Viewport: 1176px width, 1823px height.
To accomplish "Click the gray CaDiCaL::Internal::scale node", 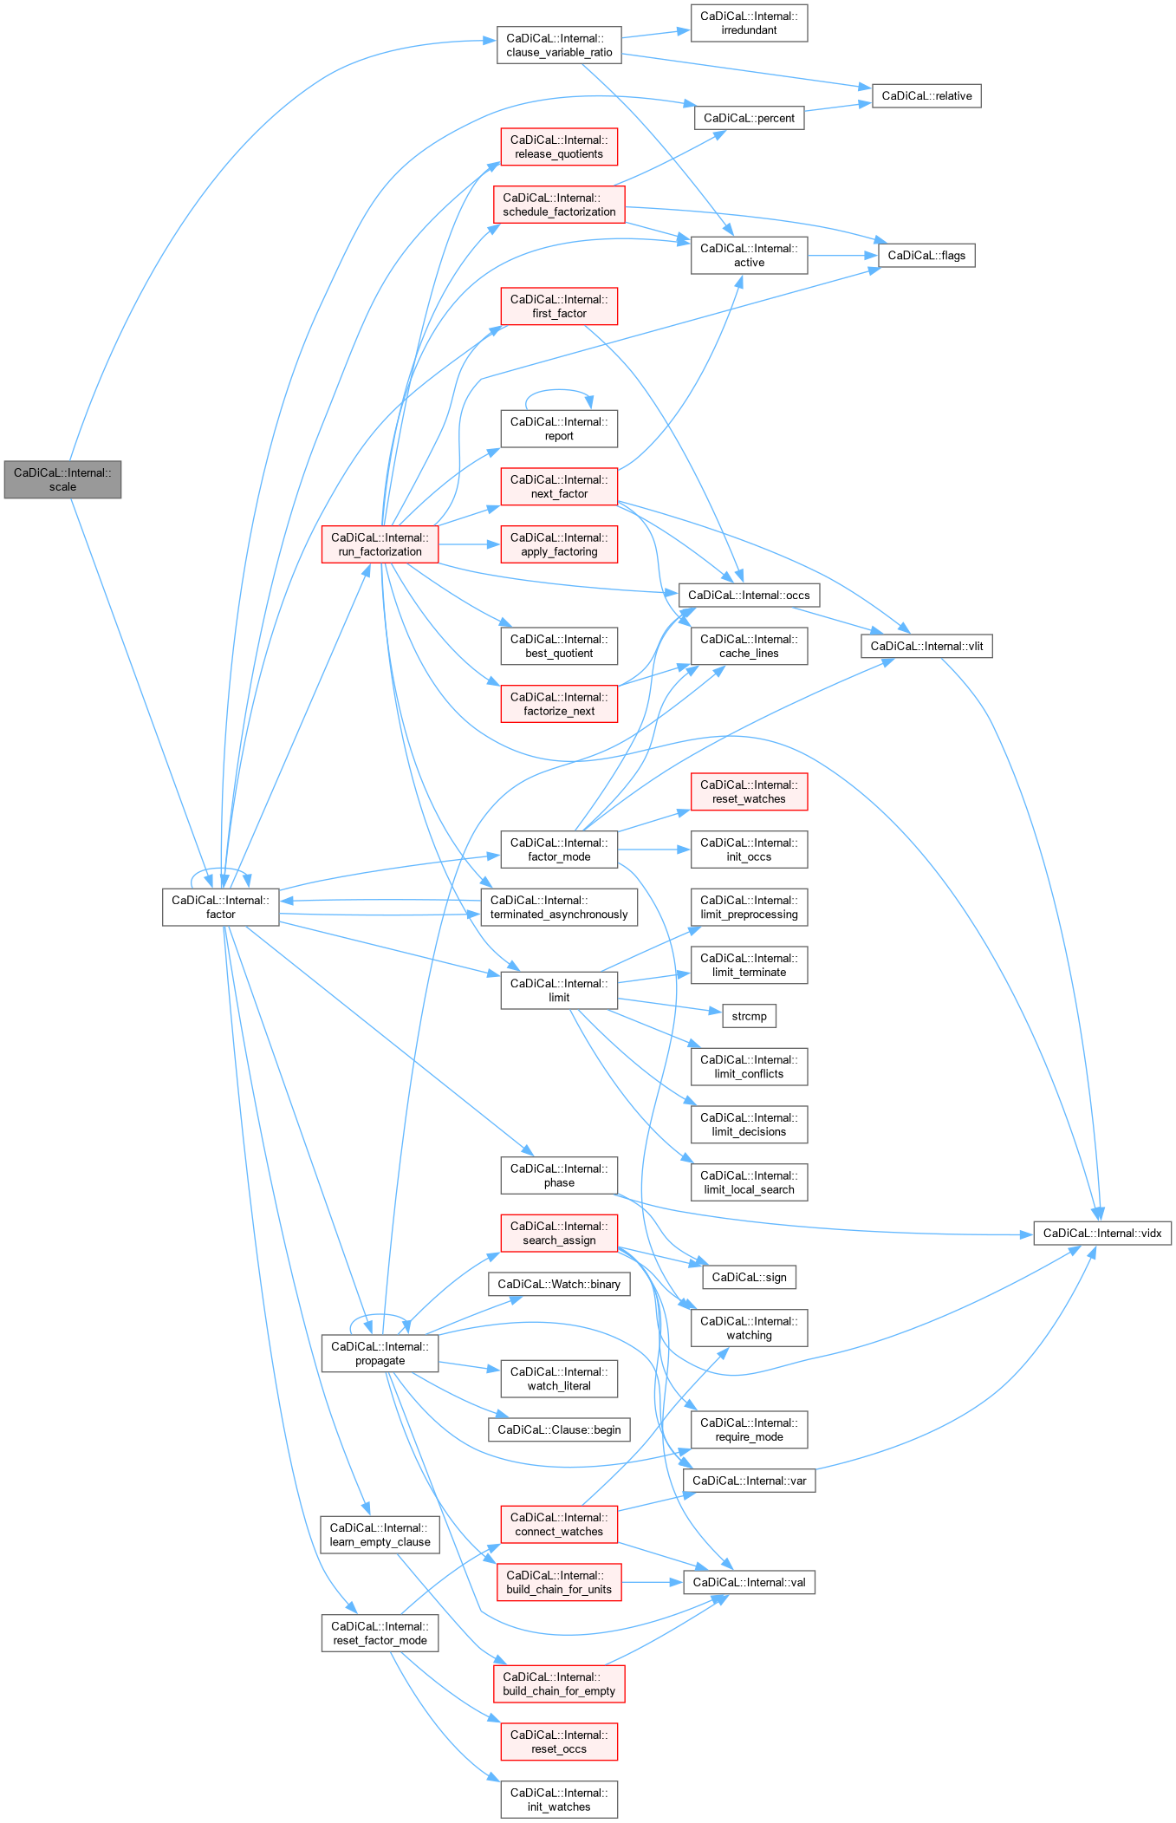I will pyautogui.click(x=62, y=479).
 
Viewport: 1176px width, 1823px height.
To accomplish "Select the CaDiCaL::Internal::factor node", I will pyautogui.click(x=220, y=907).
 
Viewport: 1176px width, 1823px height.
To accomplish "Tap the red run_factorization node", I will pyautogui.click(x=380, y=544).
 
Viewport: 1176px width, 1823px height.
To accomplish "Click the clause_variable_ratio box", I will pyautogui.click(x=559, y=45).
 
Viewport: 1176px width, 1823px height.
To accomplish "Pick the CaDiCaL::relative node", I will pyautogui.click(x=926, y=95).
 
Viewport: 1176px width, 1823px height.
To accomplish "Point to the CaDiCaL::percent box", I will pyautogui.click(x=749, y=118).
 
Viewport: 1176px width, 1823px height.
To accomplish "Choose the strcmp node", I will pyautogui.click(x=749, y=1016).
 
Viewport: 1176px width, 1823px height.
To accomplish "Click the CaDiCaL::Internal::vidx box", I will pyautogui.click(x=1101, y=1233).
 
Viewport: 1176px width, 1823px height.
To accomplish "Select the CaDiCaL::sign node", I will pyautogui.click(x=749, y=1277).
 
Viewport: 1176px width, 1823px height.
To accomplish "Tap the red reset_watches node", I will pyautogui.click(x=749, y=791).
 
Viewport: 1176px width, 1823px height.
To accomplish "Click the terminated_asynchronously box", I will pyautogui.click(x=559, y=907).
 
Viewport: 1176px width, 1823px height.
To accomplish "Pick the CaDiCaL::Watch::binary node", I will pyautogui.click(x=559, y=1284).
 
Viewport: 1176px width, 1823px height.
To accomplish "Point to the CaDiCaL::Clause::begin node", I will pyautogui.click(x=559, y=1429).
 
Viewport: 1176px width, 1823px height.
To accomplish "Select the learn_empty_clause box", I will pyautogui.click(x=380, y=1534).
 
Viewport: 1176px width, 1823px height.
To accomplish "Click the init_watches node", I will pyautogui.click(x=559, y=1800).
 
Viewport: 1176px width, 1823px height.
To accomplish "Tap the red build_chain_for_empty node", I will pyautogui.click(x=559, y=1683).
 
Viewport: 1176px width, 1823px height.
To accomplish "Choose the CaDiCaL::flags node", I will pyautogui.click(x=926, y=255).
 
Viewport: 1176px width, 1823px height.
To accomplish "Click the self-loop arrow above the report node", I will pyautogui.click(x=559, y=392).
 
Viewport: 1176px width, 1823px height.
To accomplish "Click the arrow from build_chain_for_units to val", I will pyautogui.click(x=652, y=1582).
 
